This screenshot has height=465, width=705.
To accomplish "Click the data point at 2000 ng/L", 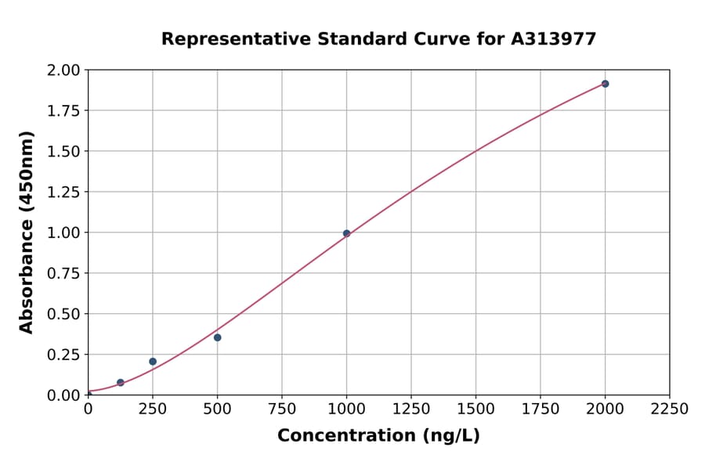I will [605, 84].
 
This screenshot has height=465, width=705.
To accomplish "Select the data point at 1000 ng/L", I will [346, 233].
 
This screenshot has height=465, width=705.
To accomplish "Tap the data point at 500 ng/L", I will [217, 337].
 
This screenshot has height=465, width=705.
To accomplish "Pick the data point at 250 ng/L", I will [153, 362].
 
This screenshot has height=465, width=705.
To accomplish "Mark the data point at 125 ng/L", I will [120, 383].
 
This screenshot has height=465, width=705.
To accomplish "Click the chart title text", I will [378, 39].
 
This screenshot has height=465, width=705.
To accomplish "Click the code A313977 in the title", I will [554, 39].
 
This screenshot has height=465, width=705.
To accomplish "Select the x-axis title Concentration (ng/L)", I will [378, 436].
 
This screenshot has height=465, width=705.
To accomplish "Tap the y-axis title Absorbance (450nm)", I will [27, 232].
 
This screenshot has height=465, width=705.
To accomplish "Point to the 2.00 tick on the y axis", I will [63, 70].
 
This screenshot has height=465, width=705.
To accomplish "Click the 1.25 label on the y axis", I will [63, 192].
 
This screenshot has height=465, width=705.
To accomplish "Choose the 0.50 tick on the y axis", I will [63, 314].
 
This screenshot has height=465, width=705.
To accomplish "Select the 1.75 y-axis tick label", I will [63, 110].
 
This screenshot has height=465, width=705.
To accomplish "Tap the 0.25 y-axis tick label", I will [63, 355].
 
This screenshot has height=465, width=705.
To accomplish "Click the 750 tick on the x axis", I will [282, 409].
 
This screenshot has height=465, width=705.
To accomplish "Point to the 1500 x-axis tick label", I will [475, 409].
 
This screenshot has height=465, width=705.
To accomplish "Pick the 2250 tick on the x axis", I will [670, 409].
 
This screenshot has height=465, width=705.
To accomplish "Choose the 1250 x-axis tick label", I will [411, 409].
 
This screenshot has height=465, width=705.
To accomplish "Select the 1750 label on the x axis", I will [540, 409].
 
